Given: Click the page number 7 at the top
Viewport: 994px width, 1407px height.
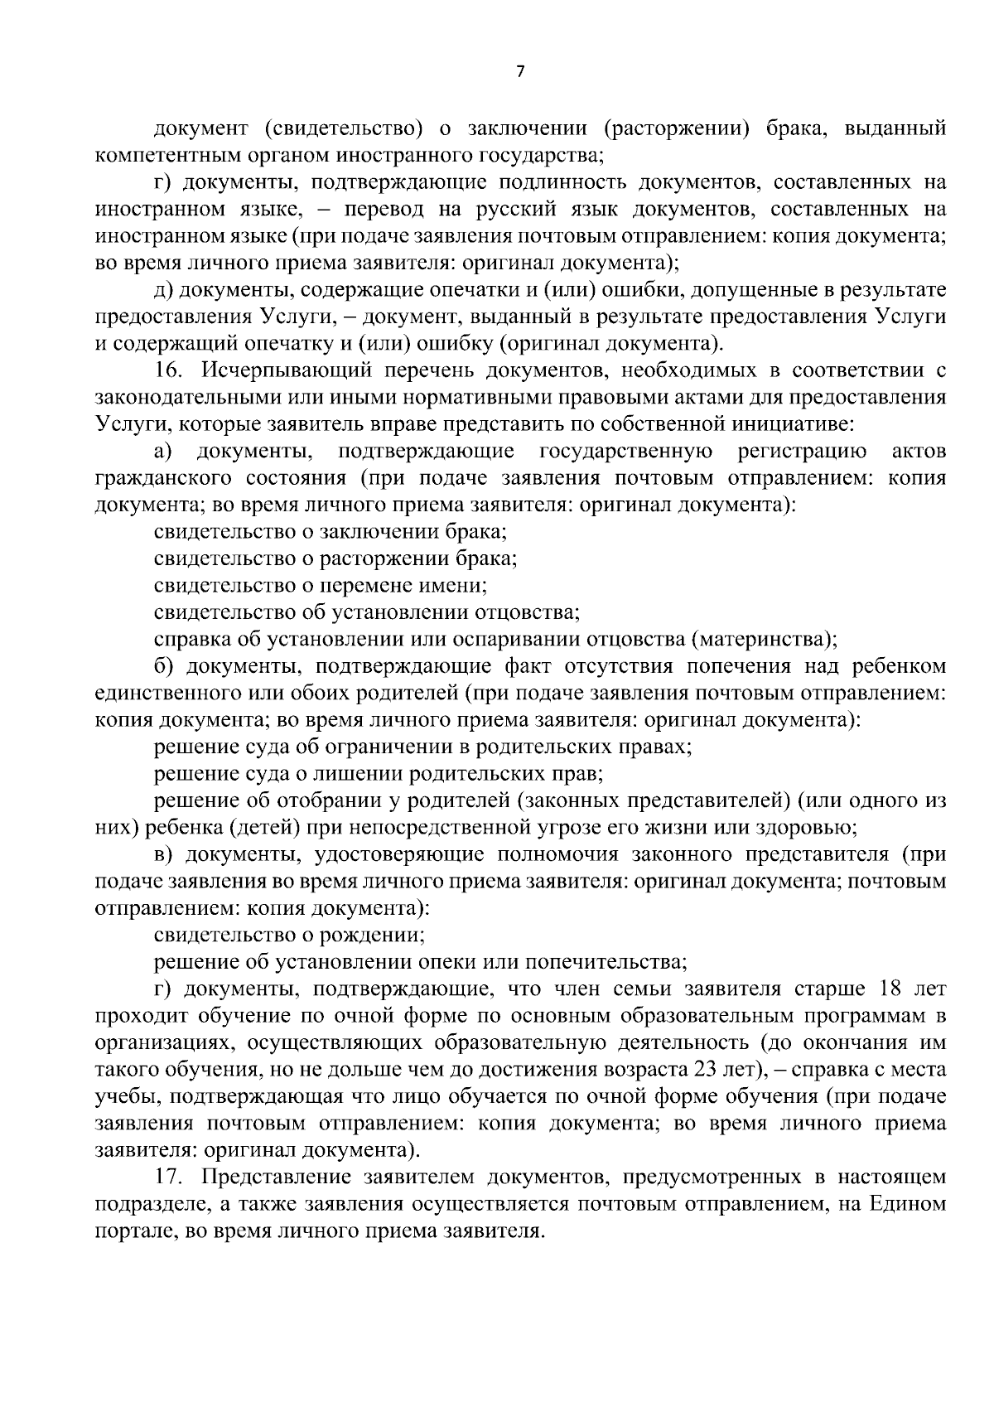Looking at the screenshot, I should pyautogui.click(x=520, y=72).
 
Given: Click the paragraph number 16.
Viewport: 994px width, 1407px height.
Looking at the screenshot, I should pyautogui.click(x=168, y=370).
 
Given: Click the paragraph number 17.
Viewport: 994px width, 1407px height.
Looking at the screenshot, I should pyautogui.click(x=168, y=1177).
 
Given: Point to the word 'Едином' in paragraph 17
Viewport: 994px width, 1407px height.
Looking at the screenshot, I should pyautogui.click(x=908, y=1204).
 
